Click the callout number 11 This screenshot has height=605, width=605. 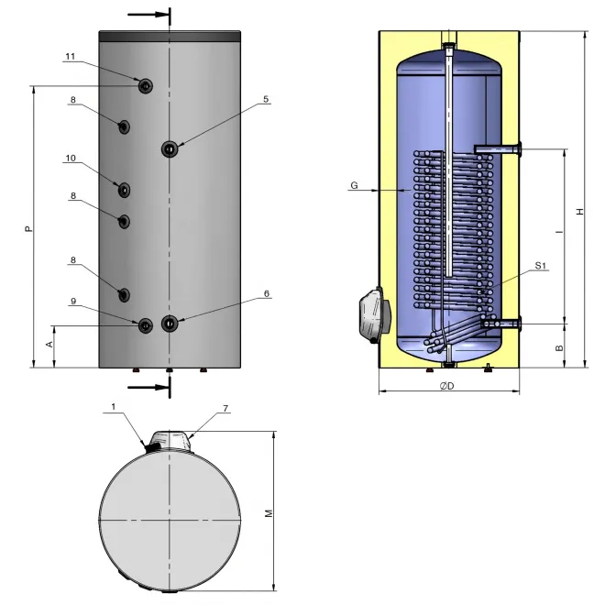pos(71,57)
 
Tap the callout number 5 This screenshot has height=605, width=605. pos(266,99)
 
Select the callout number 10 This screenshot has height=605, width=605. pos(71,159)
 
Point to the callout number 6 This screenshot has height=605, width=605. pos(267,293)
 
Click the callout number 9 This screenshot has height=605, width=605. pos(73,302)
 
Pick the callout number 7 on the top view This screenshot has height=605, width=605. pos(225,408)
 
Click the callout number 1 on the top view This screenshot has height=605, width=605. pos(113,407)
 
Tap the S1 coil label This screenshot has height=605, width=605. pos(540,266)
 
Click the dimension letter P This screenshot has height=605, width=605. pos(28,229)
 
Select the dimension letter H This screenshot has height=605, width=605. pos(580,212)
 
